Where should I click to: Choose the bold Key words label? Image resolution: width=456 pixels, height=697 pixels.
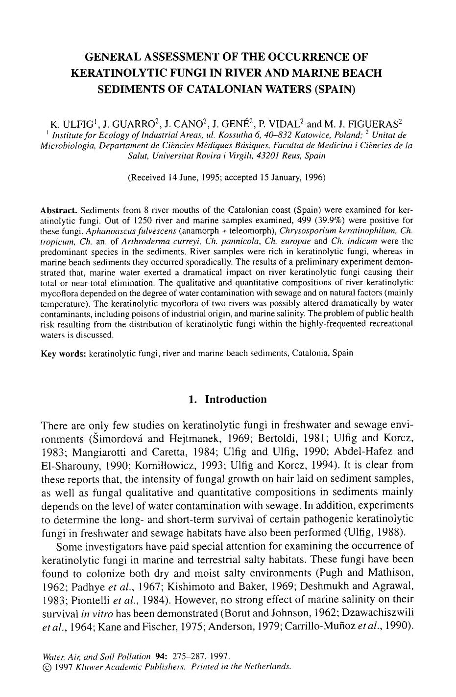(x=63, y=353)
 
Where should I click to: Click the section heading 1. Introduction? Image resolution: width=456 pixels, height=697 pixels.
(x=228, y=399)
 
